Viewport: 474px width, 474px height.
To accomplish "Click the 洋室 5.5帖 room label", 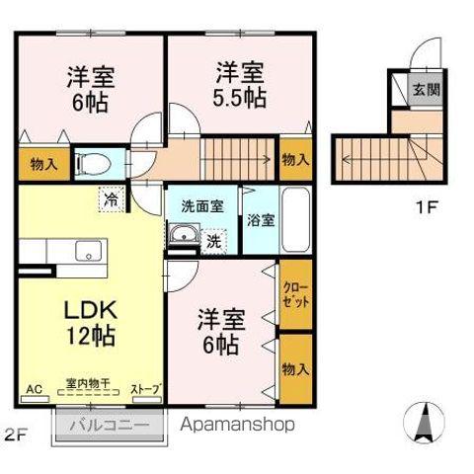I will coord(240,85).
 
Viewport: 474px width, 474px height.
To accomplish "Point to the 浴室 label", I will coord(261,219).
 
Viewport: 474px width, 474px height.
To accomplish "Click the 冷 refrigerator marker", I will coord(112,199).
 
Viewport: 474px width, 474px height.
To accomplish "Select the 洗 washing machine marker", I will coord(213,239).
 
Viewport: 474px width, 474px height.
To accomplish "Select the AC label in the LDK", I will coord(33,389).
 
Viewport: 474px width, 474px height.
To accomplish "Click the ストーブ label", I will coord(144,389).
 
